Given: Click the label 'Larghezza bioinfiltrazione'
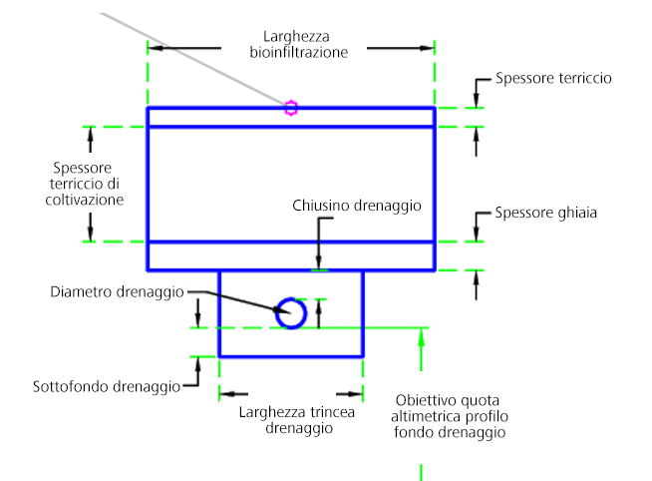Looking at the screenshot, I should tap(298, 44).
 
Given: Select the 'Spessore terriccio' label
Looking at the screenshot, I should tap(554, 77).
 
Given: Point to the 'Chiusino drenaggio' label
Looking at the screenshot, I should tap(357, 206).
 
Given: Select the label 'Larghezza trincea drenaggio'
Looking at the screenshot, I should tap(298, 420).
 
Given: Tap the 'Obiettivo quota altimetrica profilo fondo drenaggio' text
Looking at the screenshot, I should tap(451, 414).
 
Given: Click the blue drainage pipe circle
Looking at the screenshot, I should tap(290, 313).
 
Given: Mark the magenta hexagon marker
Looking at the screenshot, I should tap(290, 108).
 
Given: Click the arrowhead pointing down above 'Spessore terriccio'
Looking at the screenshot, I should tap(477, 100).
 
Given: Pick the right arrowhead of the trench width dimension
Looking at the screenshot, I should tap(356, 394).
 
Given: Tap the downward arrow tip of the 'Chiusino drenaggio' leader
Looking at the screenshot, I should tap(319, 261).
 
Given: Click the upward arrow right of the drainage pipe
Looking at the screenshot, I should tap(318, 306).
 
